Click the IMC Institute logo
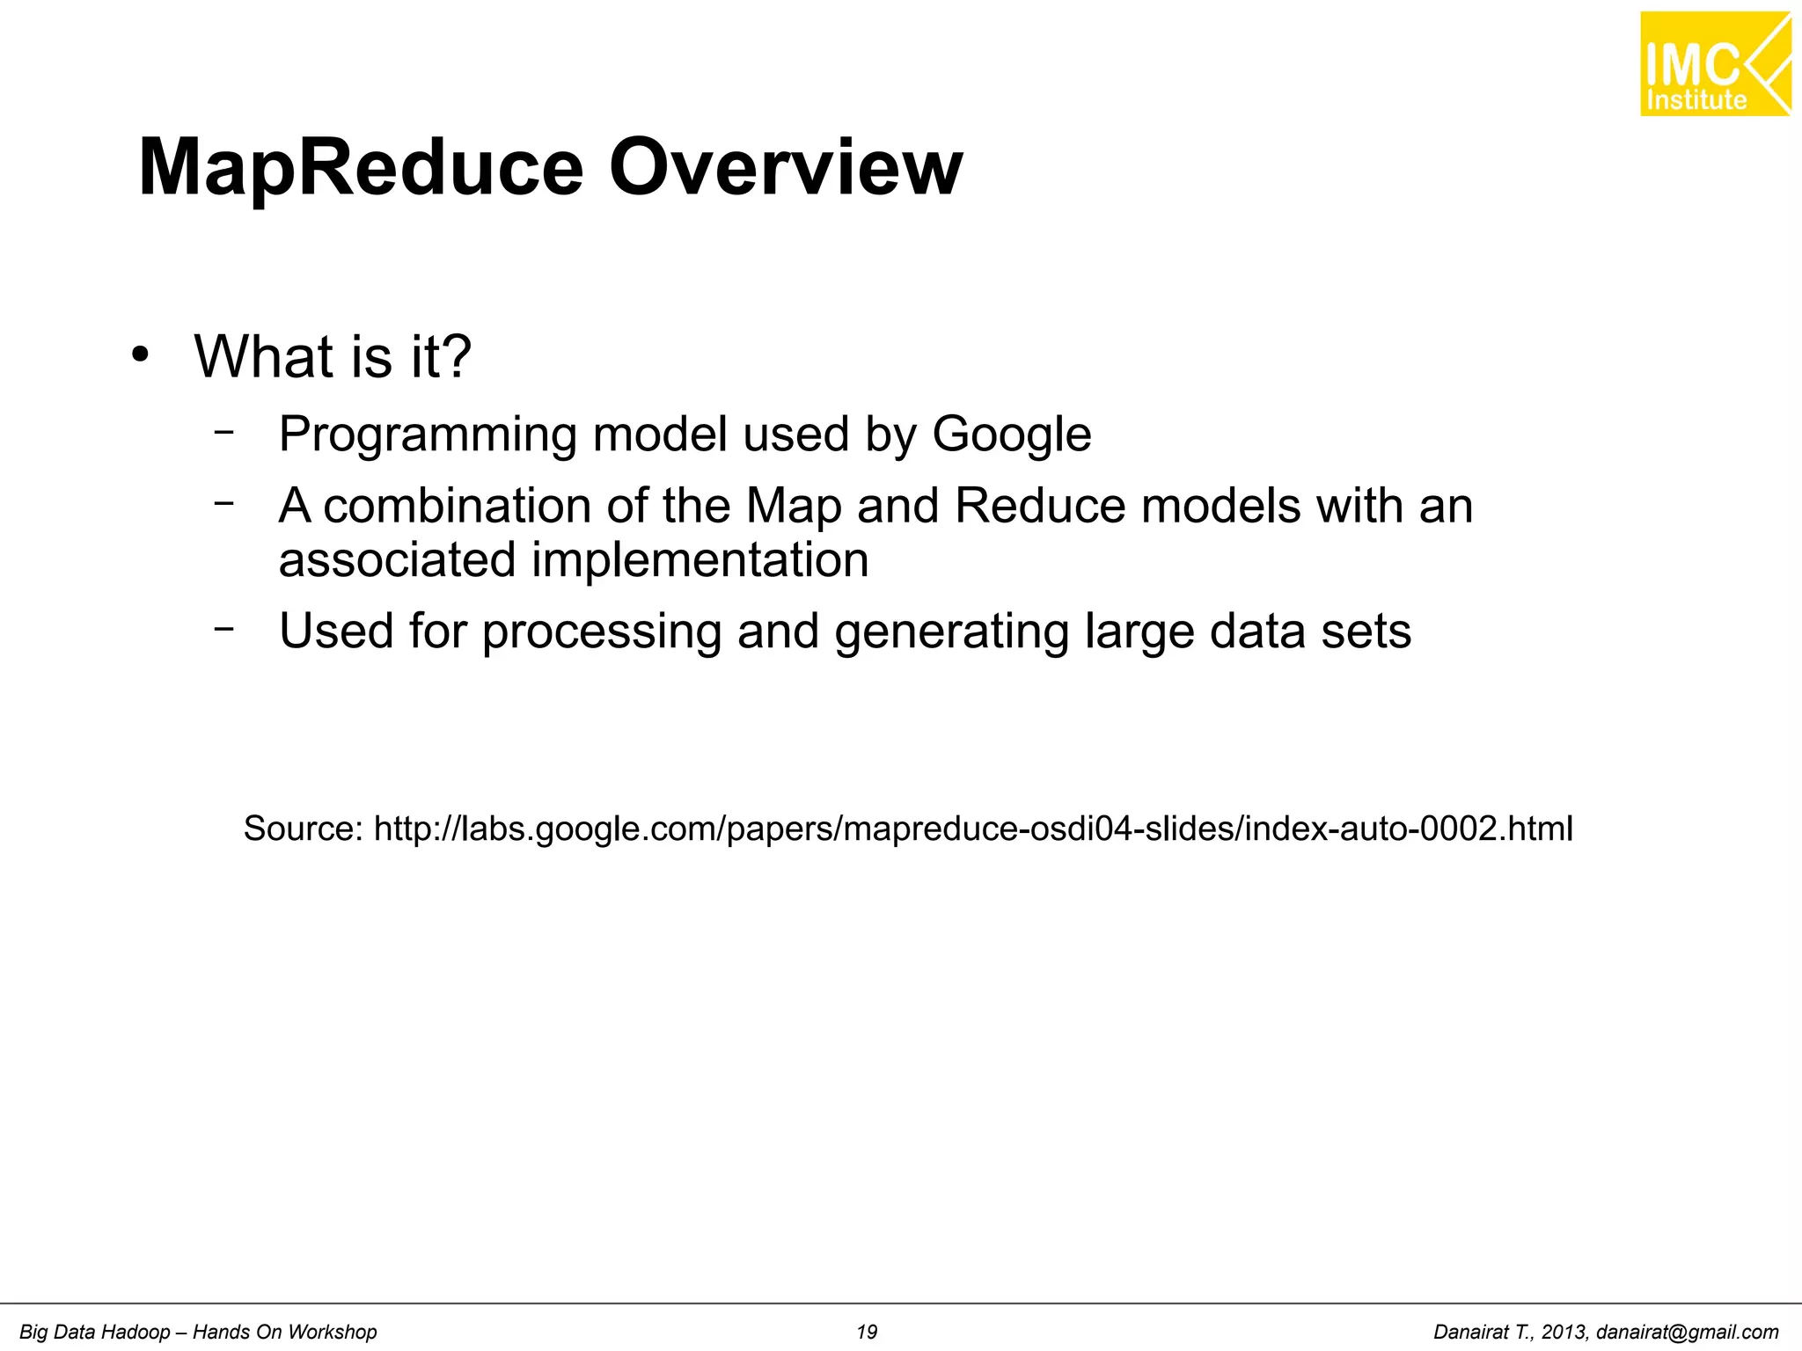coord(1714,64)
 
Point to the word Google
coord(1011,435)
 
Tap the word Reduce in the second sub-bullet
coord(1039,506)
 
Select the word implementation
coord(700,560)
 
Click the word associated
coord(397,560)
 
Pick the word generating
coord(951,632)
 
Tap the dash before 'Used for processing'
coord(224,628)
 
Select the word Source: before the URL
coord(303,829)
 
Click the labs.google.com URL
coord(973,829)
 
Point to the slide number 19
coord(867,1333)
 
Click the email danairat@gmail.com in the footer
coord(1687,1333)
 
